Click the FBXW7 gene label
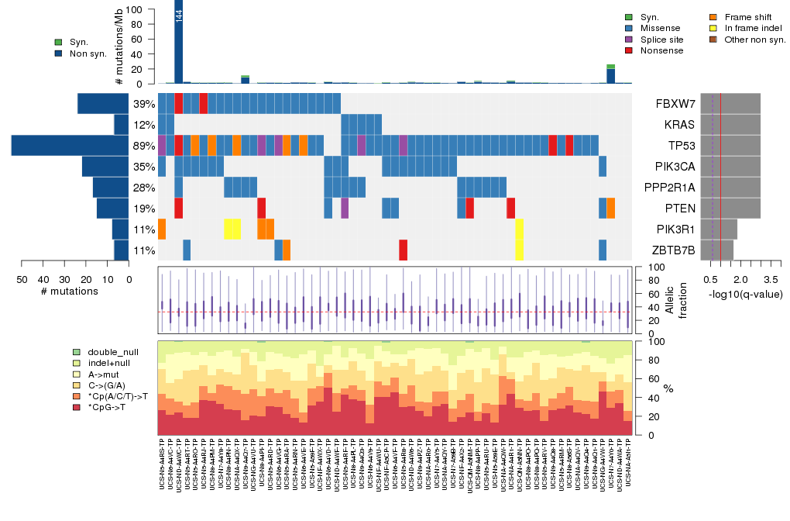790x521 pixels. tap(676, 104)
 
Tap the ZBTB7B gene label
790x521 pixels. tap(675, 250)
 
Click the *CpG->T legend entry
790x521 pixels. tap(106, 406)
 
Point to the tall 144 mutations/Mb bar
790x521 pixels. tap(179, 42)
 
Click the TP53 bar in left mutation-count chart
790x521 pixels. tap(70, 146)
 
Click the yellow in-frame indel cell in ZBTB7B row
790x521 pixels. tap(519, 250)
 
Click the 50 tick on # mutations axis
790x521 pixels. tap(21, 279)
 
